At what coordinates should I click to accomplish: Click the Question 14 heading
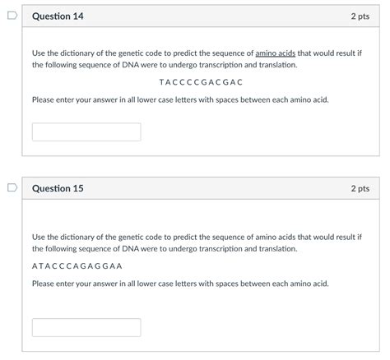click(58, 16)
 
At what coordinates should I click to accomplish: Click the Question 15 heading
click(58, 188)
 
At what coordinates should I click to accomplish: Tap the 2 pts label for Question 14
click(360, 16)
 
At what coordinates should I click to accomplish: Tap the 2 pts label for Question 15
click(360, 188)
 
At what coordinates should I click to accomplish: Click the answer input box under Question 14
click(86, 132)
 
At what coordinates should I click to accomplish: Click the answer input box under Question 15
click(86, 327)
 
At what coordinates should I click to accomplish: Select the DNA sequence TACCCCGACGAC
click(201, 82)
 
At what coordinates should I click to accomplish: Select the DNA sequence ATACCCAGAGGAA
click(77, 265)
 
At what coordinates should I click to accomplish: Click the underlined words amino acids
click(275, 53)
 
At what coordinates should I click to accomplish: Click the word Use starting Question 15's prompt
click(39, 236)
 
